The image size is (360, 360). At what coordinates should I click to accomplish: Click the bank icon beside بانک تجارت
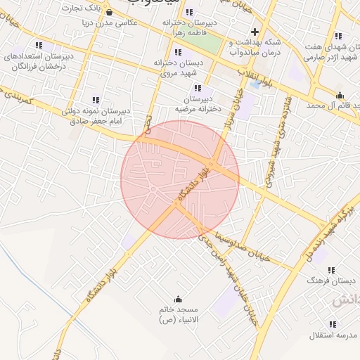click(110, 11)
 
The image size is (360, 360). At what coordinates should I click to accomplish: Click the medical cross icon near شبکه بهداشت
click(255, 32)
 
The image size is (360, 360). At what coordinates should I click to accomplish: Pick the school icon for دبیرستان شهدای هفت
click(338, 36)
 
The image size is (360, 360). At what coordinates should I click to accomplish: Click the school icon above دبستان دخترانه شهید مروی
click(177, 52)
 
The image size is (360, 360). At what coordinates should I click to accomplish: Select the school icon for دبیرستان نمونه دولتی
click(96, 101)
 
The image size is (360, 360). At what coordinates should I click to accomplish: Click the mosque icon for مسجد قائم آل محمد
click(340, 95)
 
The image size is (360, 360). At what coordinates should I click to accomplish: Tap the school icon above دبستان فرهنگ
click(331, 270)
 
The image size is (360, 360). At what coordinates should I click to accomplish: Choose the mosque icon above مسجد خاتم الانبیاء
click(177, 299)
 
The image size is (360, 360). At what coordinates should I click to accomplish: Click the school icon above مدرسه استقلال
click(333, 324)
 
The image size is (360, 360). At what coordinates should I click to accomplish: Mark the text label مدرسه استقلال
click(331, 335)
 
